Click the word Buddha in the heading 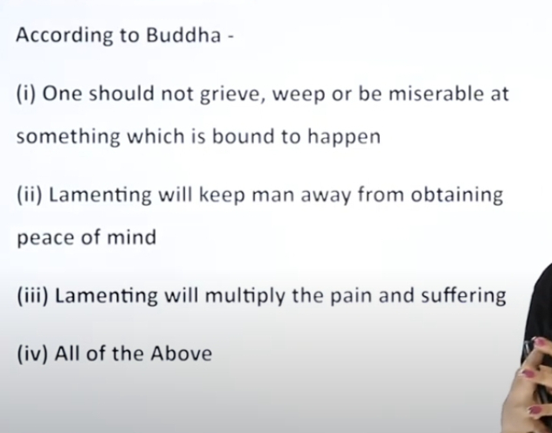pos(183,35)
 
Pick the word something pos(68,136)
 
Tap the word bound pos(244,135)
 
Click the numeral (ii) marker pos(30,196)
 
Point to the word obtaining pos(457,196)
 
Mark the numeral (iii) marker pos(32,295)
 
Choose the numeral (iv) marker pos(32,354)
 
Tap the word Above pos(182,354)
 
